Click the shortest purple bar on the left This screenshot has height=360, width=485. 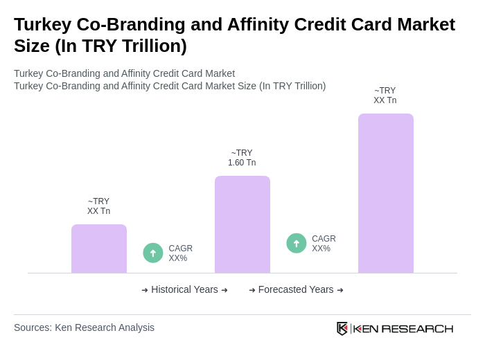[99, 249]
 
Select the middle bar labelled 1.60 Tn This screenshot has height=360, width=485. [242, 224]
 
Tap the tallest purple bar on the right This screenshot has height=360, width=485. [385, 193]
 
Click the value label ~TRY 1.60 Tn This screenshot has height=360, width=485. [242, 158]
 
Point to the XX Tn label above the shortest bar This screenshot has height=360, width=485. [98, 206]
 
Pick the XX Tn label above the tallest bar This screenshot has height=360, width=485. [385, 96]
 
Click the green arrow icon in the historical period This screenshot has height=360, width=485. [153, 253]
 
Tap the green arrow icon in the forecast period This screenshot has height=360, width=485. [297, 244]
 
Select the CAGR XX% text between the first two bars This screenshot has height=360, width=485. [180, 253]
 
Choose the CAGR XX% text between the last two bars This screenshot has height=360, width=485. [324, 244]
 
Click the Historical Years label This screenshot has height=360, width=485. [184, 289]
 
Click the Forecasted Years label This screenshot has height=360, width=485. [296, 289]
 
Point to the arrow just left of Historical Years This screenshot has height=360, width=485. [145, 290]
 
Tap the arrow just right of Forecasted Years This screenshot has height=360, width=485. [340, 290]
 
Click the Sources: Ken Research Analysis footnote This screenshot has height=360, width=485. [84, 327]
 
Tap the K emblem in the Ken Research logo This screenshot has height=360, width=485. [342, 328]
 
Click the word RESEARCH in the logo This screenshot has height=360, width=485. [417, 328]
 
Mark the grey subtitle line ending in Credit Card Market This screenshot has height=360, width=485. [124, 73]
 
